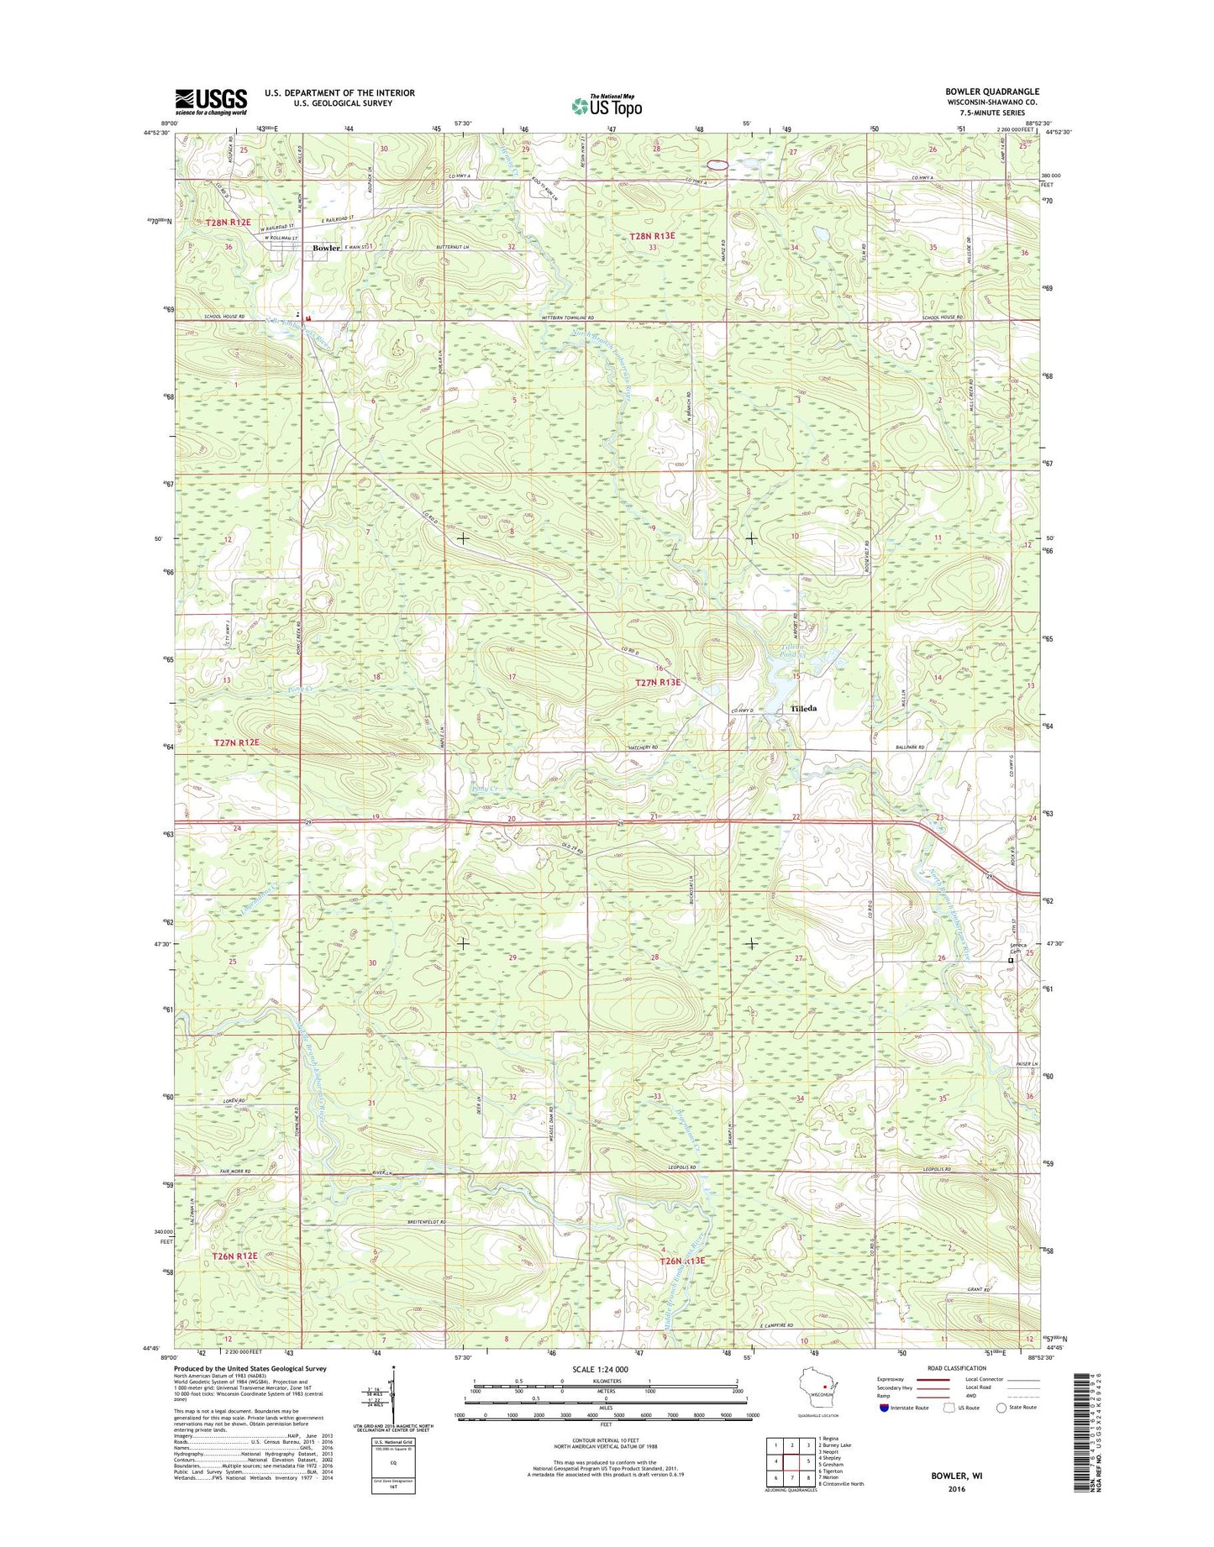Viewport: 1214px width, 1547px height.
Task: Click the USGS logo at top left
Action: (x=211, y=101)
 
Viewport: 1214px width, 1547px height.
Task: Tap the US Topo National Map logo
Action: (x=607, y=105)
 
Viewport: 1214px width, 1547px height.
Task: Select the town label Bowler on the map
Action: (x=327, y=248)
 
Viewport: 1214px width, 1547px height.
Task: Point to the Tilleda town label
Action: (x=803, y=709)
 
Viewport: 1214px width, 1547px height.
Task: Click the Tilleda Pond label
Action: (x=791, y=653)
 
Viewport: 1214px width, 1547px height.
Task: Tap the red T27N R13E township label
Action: (x=658, y=683)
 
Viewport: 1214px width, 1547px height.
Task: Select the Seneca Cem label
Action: (x=1019, y=947)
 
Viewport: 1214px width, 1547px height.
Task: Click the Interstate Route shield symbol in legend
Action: (x=884, y=1408)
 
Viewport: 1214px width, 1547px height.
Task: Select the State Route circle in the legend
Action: (x=1001, y=1408)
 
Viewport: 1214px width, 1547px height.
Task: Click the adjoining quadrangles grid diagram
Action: (x=791, y=1462)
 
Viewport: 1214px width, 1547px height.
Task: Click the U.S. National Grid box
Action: (x=393, y=1462)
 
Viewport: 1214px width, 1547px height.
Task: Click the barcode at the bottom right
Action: (x=1085, y=1431)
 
